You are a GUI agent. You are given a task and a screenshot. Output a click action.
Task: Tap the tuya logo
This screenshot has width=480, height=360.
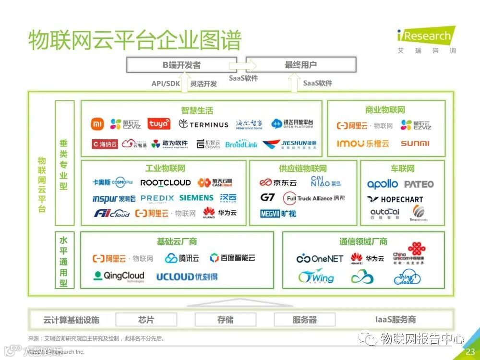click(158, 124)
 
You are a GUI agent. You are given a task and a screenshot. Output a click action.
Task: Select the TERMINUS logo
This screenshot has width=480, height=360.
click(204, 124)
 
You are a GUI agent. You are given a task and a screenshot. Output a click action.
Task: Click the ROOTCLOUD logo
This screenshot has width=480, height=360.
click(165, 182)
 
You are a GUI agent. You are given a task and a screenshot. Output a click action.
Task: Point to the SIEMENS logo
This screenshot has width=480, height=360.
click(196, 198)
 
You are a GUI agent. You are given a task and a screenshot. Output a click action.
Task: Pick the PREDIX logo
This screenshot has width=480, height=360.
click(157, 198)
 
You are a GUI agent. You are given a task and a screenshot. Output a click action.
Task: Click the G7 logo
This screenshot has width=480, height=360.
click(267, 198)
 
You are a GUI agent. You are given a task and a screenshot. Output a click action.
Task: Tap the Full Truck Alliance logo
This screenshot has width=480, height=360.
click(314, 198)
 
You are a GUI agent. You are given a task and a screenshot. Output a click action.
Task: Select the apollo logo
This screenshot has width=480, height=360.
click(383, 184)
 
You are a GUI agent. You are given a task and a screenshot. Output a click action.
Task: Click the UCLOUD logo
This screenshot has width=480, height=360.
click(187, 276)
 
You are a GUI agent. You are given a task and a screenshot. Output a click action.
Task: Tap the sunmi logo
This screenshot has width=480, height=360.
click(415, 143)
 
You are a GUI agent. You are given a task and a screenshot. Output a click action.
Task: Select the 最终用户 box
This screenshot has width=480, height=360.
click(301, 65)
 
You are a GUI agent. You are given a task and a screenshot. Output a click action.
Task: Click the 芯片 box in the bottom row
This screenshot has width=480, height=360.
click(146, 320)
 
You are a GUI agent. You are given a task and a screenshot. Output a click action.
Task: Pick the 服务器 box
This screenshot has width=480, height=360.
click(305, 320)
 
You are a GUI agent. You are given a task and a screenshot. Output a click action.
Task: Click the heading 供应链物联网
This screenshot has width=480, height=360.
click(303, 168)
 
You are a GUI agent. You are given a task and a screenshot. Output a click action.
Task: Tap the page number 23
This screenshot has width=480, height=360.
click(470, 352)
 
